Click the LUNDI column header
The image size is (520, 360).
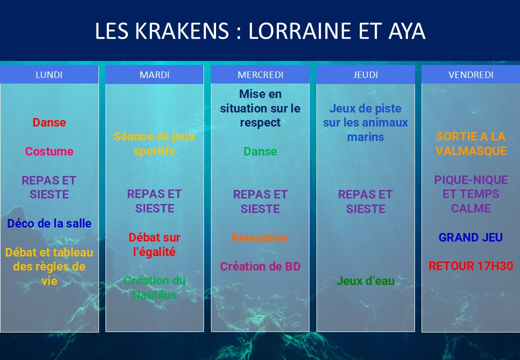click(x=49, y=74)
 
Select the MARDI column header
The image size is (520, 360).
click(x=154, y=74)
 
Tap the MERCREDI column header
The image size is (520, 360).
click(x=260, y=74)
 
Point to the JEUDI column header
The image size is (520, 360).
click(x=365, y=74)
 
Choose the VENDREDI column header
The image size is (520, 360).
click(x=470, y=74)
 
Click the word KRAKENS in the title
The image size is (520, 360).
click(x=181, y=31)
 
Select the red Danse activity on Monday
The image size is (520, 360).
click(x=49, y=122)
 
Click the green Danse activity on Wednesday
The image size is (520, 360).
click(x=260, y=151)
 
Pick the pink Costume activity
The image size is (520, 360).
click(x=49, y=151)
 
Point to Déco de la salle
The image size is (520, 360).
click(x=49, y=223)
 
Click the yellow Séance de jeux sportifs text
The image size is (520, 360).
click(x=154, y=144)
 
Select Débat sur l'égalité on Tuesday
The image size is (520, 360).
click(x=154, y=244)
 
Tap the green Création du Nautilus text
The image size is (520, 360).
click(x=154, y=287)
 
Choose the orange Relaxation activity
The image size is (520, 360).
click(x=260, y=237)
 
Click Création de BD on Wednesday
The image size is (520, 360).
click(x=260, y=266)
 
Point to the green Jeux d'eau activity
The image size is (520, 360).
click(x=365, y=281)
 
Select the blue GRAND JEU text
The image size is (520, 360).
click(x=470, y=237)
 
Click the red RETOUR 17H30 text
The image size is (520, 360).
click(x=470, y=266)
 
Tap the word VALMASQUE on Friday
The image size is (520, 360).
click(x=471, y=151)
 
